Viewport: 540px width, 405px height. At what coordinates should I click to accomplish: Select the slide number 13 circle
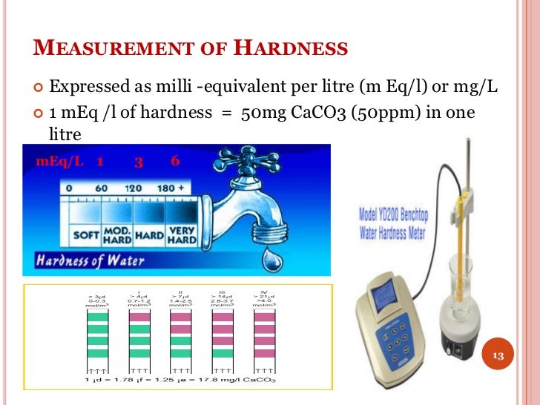[498, 356]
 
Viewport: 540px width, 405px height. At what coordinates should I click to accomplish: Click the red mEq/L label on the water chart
[60, 161]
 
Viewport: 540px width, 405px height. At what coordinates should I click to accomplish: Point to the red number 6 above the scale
[174, 161]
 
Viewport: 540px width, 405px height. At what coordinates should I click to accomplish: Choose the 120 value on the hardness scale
[134, 188]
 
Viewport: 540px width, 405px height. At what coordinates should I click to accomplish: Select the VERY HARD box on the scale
[182, 235]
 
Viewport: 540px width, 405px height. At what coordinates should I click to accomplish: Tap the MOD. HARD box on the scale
[118, 235]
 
